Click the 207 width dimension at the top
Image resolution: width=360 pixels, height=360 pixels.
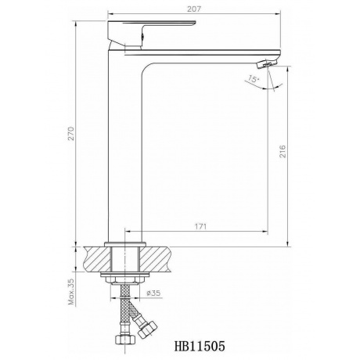tap(194, 9)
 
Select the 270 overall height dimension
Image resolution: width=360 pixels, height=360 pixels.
tap(71, 134)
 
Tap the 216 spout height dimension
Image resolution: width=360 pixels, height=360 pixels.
tap(283, 151)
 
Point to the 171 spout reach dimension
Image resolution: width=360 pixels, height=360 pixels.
tap(200, 226)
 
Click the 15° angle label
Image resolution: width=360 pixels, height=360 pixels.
tap(253, 79)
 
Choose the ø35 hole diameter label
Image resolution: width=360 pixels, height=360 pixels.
tap(153, 293)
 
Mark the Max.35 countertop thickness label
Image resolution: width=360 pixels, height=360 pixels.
tap(71, 292)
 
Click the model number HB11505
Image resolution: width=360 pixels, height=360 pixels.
tap(200, 347)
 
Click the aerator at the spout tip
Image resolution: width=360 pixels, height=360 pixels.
tap(267, 63)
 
